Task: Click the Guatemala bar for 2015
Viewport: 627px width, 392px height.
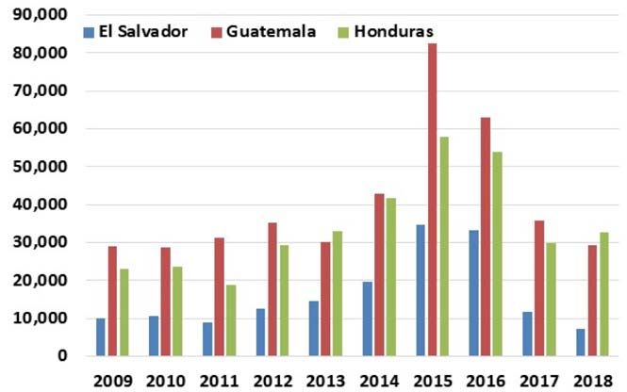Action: pos(432,200)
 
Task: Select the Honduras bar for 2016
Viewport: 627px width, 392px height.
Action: pos(497,253)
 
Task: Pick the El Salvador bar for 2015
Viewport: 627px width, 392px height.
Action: pos(419,290)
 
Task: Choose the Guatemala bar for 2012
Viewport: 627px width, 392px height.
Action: pos(272,289)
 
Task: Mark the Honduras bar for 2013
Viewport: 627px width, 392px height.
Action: pos(338,293)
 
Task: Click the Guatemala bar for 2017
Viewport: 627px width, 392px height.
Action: pos(538,288)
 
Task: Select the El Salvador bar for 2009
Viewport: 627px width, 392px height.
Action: pos(100,337)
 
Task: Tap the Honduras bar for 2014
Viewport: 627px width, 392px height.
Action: pos(390,277)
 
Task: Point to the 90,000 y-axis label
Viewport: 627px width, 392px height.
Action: pos(42,15)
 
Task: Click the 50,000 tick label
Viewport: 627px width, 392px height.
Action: pos(42,167)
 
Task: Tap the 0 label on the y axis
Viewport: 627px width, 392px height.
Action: pos(61,356)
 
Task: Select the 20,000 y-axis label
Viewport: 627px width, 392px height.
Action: pos(42,280)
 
